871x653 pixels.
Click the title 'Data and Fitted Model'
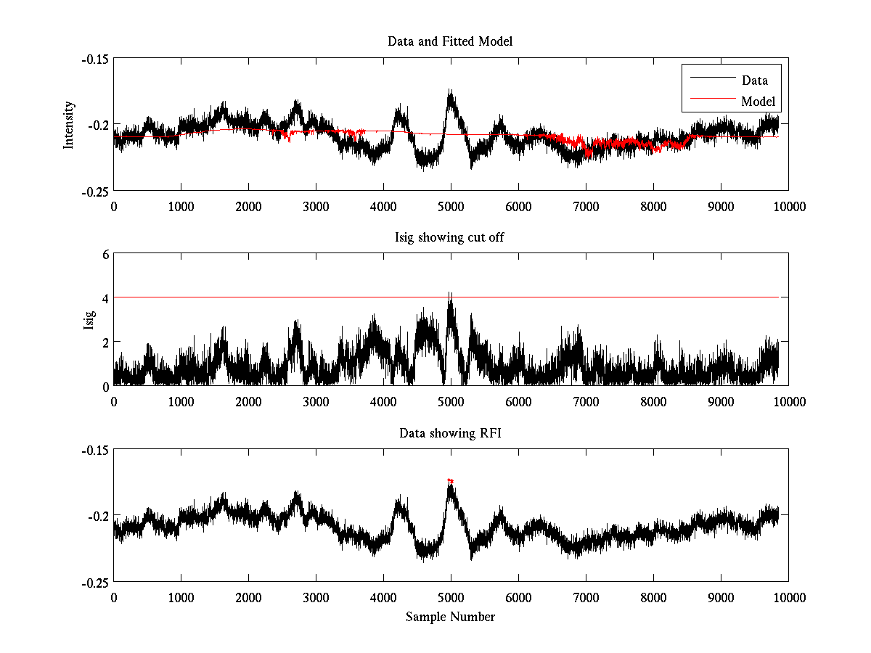(450, 41)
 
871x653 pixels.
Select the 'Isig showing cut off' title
(450, 237)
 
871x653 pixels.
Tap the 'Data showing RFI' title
(450, 433)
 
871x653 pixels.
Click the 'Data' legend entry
(754, 81)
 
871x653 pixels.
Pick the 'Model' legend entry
(758, 101)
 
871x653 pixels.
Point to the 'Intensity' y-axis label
(69, 124)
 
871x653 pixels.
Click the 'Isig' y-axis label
(89, 320)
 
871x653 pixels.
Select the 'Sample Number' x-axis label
(450, 617)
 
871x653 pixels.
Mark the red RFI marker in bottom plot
(451, 480)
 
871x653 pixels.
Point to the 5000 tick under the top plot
(451, 206)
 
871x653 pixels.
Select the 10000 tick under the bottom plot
(788, 597)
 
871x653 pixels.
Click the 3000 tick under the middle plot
(316, 401)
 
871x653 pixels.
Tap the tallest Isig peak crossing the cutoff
(450, 294)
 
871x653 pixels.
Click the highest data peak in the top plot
(451, 91)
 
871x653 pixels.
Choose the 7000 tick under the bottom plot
(586, 597)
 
